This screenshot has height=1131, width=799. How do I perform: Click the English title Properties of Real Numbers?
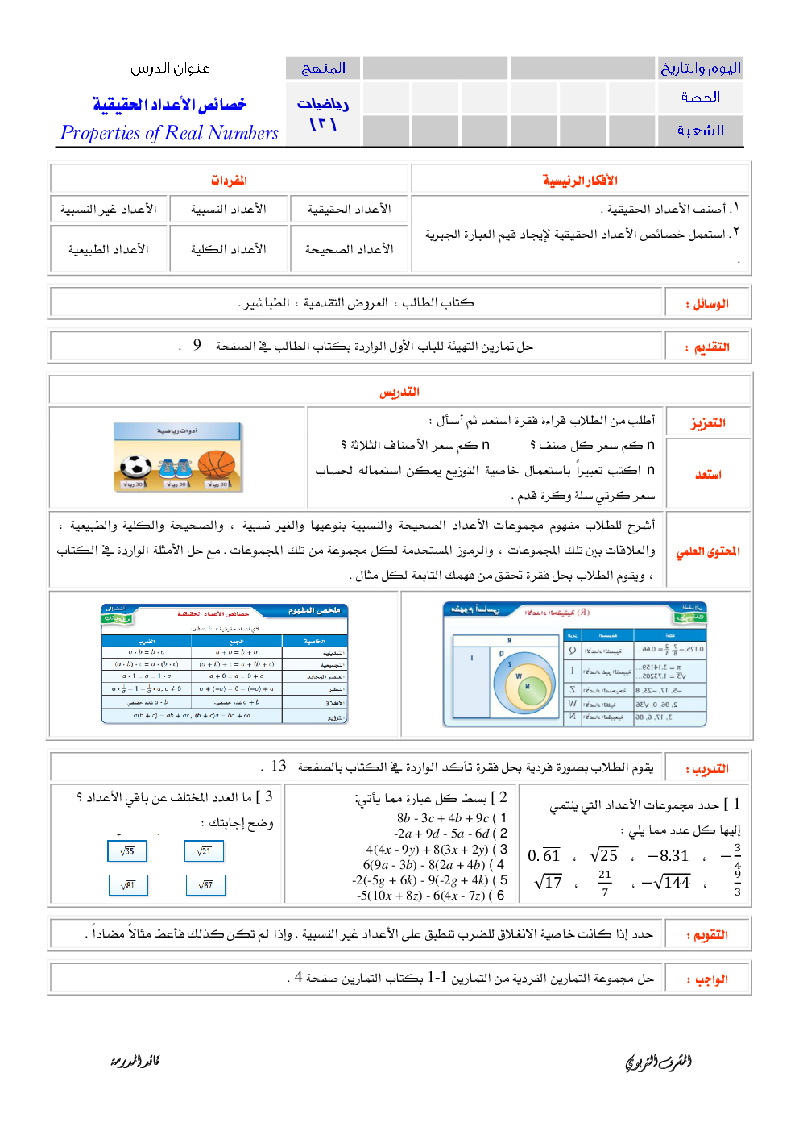point(169,133)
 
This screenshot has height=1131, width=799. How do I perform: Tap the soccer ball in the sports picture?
point(136,467)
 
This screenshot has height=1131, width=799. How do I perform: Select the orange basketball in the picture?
point(216,465)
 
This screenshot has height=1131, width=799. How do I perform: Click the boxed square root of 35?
point(127,851)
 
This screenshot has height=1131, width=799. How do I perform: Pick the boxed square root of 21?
point(205,851)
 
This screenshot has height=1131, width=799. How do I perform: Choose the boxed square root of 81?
point(128,885)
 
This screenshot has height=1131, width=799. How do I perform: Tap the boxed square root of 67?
point(205,885)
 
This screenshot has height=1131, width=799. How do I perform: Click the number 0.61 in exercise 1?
point(544,855)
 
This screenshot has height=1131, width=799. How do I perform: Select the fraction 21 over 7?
point(605,883)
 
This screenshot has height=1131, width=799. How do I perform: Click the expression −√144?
point(666,883)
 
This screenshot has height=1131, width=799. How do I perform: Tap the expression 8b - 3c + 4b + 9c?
point(444,817)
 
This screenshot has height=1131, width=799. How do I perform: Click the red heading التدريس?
point(399,392)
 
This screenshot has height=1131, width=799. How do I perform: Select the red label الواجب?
point(710,979)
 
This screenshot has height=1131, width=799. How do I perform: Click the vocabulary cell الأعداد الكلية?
point(229,250)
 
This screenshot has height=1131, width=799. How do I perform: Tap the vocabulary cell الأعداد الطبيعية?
point(109,250)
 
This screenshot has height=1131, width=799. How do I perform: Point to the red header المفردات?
point(229,181)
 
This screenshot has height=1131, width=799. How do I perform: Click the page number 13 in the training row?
point(279,766)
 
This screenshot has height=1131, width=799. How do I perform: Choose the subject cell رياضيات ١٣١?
point(323,114)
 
